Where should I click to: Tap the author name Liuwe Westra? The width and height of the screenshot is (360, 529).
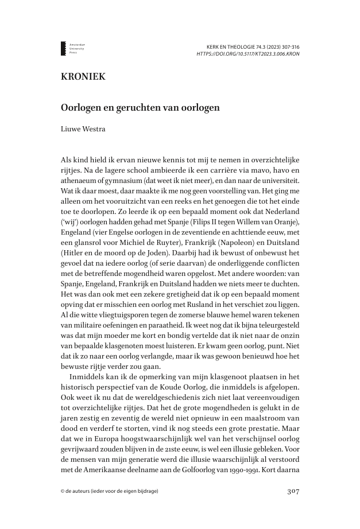click(x=84, y=129)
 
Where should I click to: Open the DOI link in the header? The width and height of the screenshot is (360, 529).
click(x=248, y=53)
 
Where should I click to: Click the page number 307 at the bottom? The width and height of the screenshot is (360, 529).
click(x=293, y=491)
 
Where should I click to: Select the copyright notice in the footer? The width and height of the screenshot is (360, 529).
click(x=109, y=492)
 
